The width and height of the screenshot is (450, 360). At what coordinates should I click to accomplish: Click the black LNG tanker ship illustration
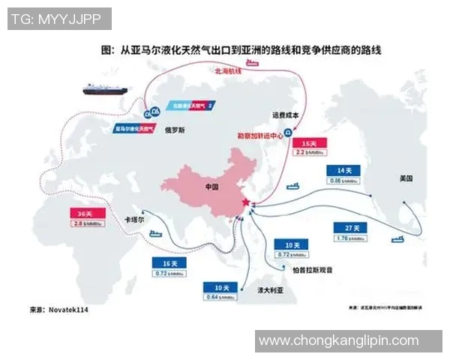coord(109,88)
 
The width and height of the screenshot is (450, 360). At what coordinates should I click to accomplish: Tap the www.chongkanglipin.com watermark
coord(338,341)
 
